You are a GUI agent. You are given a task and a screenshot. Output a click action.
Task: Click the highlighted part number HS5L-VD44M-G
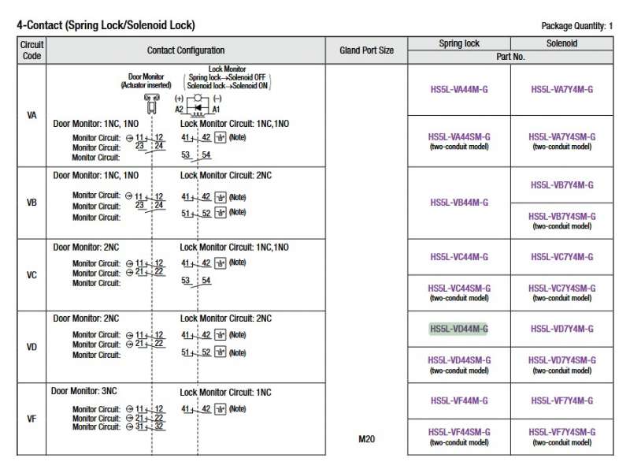458,329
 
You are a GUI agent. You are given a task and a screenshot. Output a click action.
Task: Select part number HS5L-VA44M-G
458,90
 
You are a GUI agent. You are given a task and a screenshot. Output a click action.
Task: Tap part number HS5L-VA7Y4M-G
562,90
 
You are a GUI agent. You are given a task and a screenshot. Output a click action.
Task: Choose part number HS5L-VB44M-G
458,203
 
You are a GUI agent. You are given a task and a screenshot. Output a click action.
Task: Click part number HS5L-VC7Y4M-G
562,257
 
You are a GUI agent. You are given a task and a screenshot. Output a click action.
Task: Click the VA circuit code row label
31,115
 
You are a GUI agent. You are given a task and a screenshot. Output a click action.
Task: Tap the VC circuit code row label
31,276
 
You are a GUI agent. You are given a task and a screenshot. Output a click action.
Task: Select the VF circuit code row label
31,419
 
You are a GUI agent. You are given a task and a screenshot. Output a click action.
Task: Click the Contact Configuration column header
186,50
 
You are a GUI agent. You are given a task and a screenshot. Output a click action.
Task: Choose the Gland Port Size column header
366,50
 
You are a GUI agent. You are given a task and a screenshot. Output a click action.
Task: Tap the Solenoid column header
562,44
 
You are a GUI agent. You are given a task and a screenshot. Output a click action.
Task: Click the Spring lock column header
458,44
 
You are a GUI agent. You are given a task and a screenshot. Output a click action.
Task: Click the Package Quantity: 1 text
577,26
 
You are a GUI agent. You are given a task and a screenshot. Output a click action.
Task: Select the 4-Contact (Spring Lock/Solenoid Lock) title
106,25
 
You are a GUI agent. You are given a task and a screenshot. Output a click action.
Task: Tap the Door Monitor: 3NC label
85,391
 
